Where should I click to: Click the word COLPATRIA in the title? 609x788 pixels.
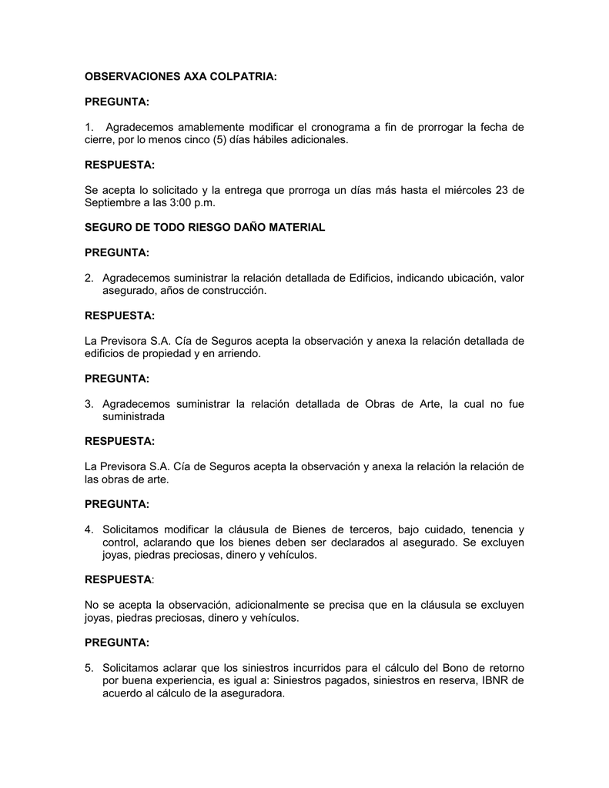click(x=236, y=77)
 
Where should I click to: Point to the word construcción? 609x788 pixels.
click(x=229, y=291)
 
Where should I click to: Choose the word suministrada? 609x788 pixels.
click(x=134, y=416)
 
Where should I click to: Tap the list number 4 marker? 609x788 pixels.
click(x=89, y=529)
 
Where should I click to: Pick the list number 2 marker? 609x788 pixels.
click(x=89, y=278)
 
